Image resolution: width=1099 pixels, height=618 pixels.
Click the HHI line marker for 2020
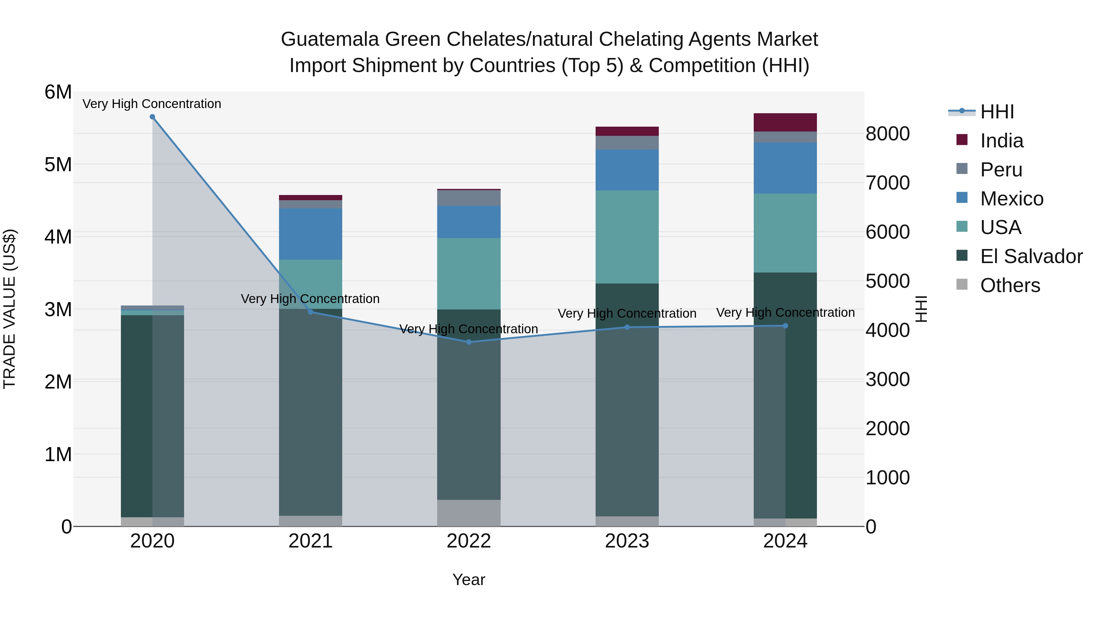pos(152,117)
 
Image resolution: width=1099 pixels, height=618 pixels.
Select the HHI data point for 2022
pos(469,342)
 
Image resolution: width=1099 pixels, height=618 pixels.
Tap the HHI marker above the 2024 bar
pos(785,326)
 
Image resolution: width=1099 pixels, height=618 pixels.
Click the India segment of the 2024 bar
pos(785,122)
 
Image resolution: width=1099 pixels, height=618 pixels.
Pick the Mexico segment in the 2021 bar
pos(310,234)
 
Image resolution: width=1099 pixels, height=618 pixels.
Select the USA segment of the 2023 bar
pos(627,237)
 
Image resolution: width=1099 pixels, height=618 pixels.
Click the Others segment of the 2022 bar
pos(469,513)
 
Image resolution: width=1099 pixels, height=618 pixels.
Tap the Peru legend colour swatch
pos(962,169)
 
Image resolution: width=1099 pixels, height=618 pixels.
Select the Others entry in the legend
pos(1010,285)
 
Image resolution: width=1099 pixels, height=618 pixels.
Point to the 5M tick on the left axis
pos(58,164)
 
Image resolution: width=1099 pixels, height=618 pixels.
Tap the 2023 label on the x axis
pos(627,541)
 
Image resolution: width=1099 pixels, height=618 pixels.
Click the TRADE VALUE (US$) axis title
pos(10,309)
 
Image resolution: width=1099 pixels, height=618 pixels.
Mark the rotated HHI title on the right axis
pos(922,309)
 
